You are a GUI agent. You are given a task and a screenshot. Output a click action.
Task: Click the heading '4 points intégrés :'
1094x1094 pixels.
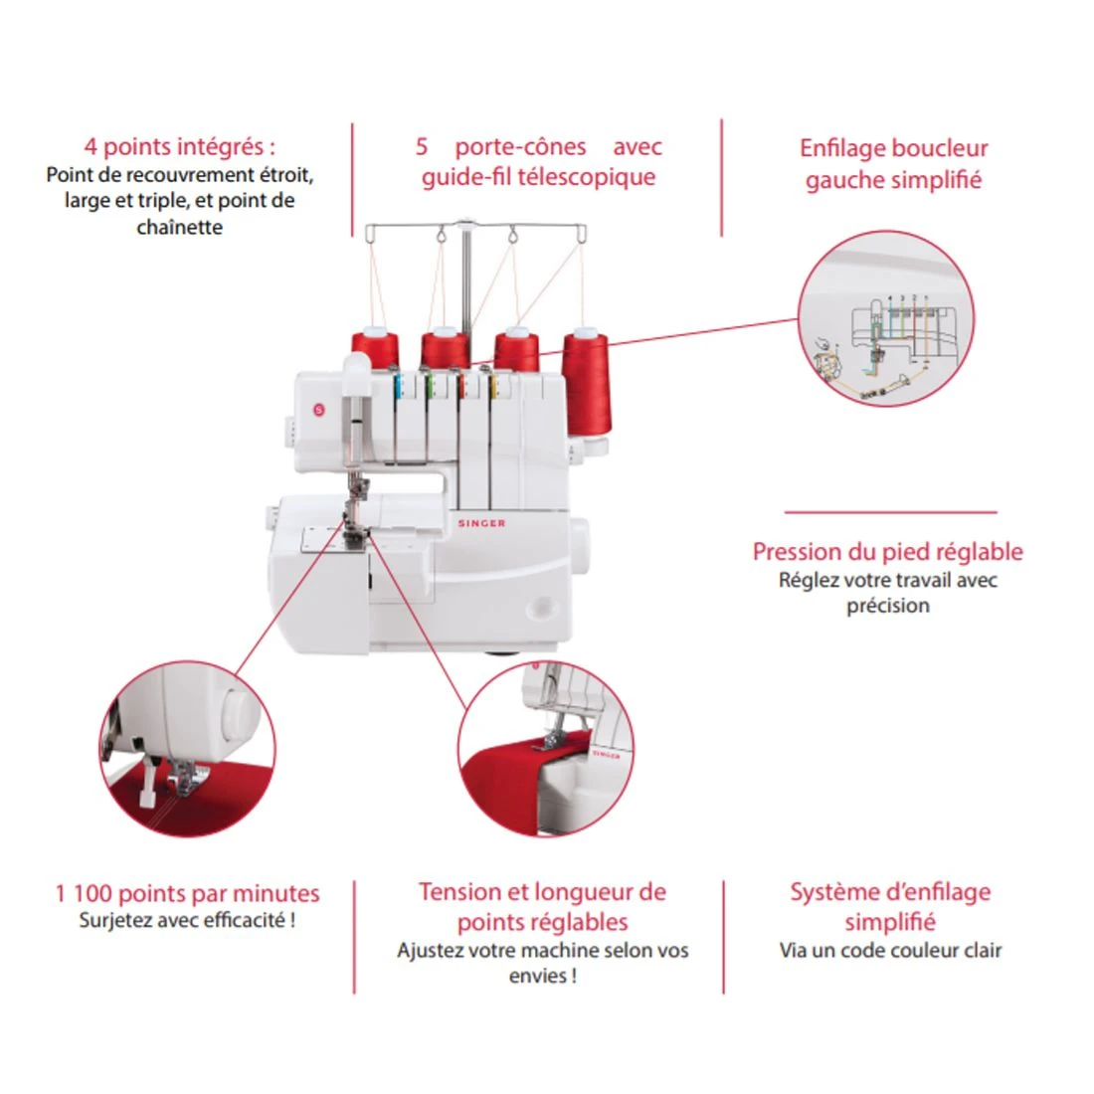(x=180, y=147)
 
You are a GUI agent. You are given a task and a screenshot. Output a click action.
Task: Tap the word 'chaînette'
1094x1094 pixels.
(x=180, y=227)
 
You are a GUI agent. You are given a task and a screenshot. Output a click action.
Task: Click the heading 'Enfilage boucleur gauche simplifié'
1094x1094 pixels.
(x=893, y=164)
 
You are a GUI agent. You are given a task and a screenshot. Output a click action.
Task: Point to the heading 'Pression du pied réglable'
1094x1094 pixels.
(x=887, y=552)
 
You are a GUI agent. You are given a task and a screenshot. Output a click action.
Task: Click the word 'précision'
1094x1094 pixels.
(x=888, y=606)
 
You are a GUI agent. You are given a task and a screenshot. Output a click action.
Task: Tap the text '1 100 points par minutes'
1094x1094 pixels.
(x=187, y=893)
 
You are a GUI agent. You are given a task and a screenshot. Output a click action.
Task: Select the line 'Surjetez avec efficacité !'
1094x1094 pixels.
(x=187, y=920)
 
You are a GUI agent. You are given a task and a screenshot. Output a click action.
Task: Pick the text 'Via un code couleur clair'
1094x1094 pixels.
(x=890, y=950)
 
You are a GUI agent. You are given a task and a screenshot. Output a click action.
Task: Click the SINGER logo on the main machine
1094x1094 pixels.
(x=481, y=523)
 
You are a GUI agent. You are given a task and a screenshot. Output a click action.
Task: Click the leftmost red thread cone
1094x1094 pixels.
(x=375, y=350)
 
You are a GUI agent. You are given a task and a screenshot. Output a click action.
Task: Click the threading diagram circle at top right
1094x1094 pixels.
(x=885, y=318)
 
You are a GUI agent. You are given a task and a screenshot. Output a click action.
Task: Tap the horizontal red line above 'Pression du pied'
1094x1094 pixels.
(x=890, y=513)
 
